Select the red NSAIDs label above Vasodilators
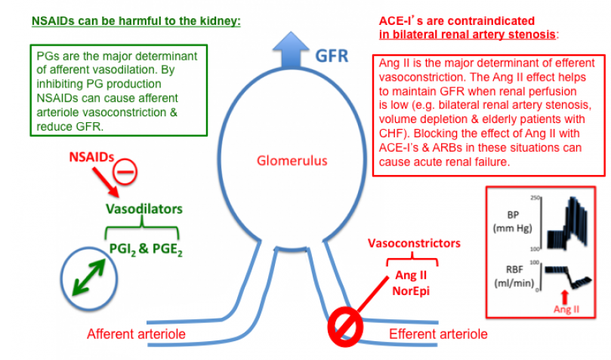point(88,158)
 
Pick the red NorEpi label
point(412,289)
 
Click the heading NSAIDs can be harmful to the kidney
point(136,20)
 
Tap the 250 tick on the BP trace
point(535,198)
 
